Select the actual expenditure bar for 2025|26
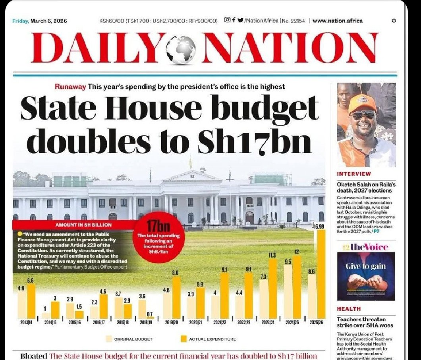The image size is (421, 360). [x=321, y=274]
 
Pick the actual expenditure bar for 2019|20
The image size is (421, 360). [x=176, y=298]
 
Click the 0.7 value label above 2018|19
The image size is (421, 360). [x=150, y=314]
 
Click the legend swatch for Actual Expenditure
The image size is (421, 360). [x=183, y=339]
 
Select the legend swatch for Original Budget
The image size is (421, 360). [x=109, y=339]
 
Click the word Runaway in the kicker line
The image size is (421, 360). [x=70, y=87]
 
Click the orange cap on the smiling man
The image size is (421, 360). [x=362, y=104]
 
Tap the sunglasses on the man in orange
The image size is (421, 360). [x=363, y=116]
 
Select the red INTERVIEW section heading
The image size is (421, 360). [x=354, y=174]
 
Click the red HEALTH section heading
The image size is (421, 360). [x=349, y=309]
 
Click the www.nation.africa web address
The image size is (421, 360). [x=337, y=21]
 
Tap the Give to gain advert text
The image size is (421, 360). [x=366, y=266]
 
